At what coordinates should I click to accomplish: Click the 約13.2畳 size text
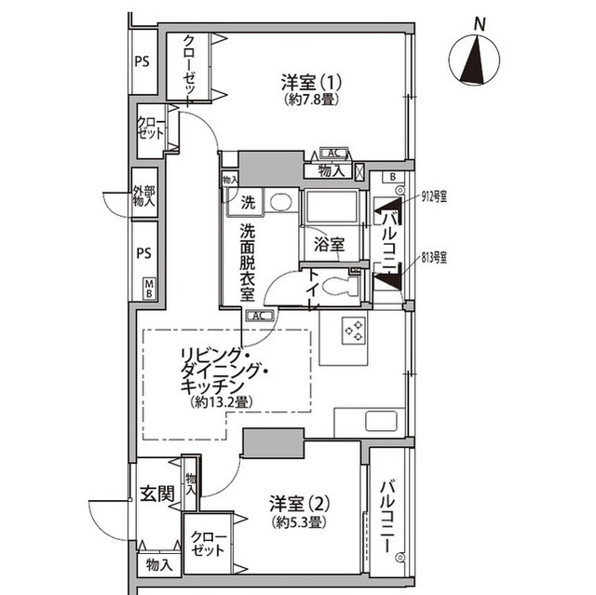[x=221, y=402]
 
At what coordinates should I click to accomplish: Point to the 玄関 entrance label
[x=156, y=494]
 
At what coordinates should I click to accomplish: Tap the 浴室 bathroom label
[x=329, y=246]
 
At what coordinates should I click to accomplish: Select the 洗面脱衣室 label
[x=247, y=261]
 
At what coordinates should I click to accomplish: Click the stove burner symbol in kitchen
[x=355, y=330]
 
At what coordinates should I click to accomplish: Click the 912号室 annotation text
[x=434, y=196]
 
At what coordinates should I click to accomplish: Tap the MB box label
[x=148, y=289]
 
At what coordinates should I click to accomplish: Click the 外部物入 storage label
[x=144, y=196]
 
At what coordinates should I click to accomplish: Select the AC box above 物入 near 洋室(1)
[x=333, y=155]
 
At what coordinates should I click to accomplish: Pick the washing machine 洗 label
[x=248, y=201]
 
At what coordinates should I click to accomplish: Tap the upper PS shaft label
[x=142, y=62]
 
